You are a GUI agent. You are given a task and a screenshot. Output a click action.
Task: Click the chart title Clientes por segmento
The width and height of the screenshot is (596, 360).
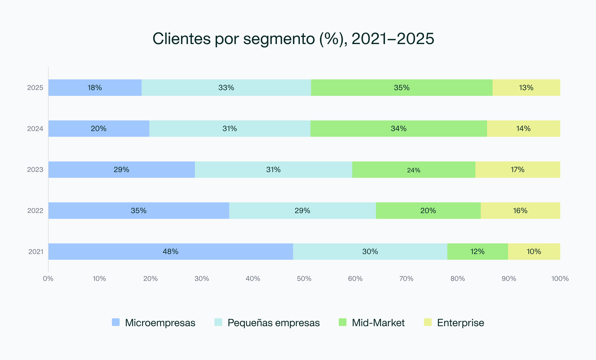(x=293, y=39)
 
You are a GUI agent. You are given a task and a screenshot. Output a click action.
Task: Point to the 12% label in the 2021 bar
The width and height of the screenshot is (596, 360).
(x=477, y=251)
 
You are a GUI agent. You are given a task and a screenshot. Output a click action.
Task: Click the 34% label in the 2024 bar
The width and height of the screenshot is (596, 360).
(x=399, y=128)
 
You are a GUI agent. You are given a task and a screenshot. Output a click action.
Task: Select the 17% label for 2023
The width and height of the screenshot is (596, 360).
(x=517, y=169)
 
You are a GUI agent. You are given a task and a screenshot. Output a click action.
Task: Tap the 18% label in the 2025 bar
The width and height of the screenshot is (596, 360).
(x=95, y=88)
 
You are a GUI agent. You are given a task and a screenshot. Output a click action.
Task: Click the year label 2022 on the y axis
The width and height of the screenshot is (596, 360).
(x=35, y=211)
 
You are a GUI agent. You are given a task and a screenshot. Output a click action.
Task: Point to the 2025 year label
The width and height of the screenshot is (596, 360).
(x=35, y=88)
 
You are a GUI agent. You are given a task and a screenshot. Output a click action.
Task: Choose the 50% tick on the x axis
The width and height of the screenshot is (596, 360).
(x=304, y=279)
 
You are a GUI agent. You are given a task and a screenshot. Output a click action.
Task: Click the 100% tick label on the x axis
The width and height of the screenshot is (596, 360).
(x=560, y=279)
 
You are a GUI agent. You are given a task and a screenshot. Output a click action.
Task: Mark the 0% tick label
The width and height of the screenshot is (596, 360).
(x=48, y=279)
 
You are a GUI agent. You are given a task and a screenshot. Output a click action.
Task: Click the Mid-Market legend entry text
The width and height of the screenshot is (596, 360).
(x=378, y=323)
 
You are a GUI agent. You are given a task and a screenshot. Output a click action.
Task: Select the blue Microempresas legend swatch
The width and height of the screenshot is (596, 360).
(x=116, y=322)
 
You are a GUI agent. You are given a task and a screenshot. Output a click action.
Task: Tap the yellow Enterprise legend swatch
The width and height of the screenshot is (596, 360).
(x=428, y=322)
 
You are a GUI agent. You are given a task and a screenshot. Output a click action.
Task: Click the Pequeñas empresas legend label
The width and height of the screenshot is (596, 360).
(x=273, y=323)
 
